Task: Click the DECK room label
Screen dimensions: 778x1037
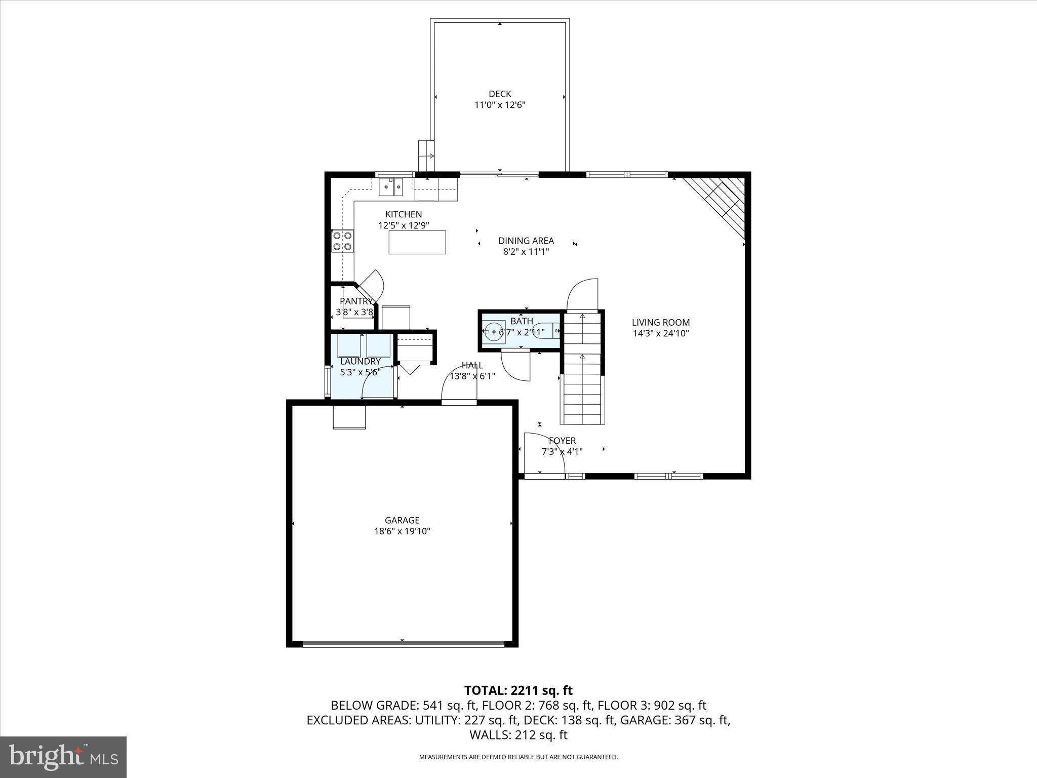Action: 499,94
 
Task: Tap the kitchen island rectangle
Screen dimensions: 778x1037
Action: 417,242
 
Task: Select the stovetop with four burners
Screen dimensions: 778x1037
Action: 342,241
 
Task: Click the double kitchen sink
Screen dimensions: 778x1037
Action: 391,187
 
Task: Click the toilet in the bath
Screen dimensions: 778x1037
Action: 547,331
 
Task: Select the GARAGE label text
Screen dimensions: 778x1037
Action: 402,520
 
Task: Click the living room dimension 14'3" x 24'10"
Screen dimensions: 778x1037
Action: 661,333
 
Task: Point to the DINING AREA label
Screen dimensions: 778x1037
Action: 526,241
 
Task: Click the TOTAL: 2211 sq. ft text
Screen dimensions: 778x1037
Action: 518,690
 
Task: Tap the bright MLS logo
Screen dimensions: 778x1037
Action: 63,757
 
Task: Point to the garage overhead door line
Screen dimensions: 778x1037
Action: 404,644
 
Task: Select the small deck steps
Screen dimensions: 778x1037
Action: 426,157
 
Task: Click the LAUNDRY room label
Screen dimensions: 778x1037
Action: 360,361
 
